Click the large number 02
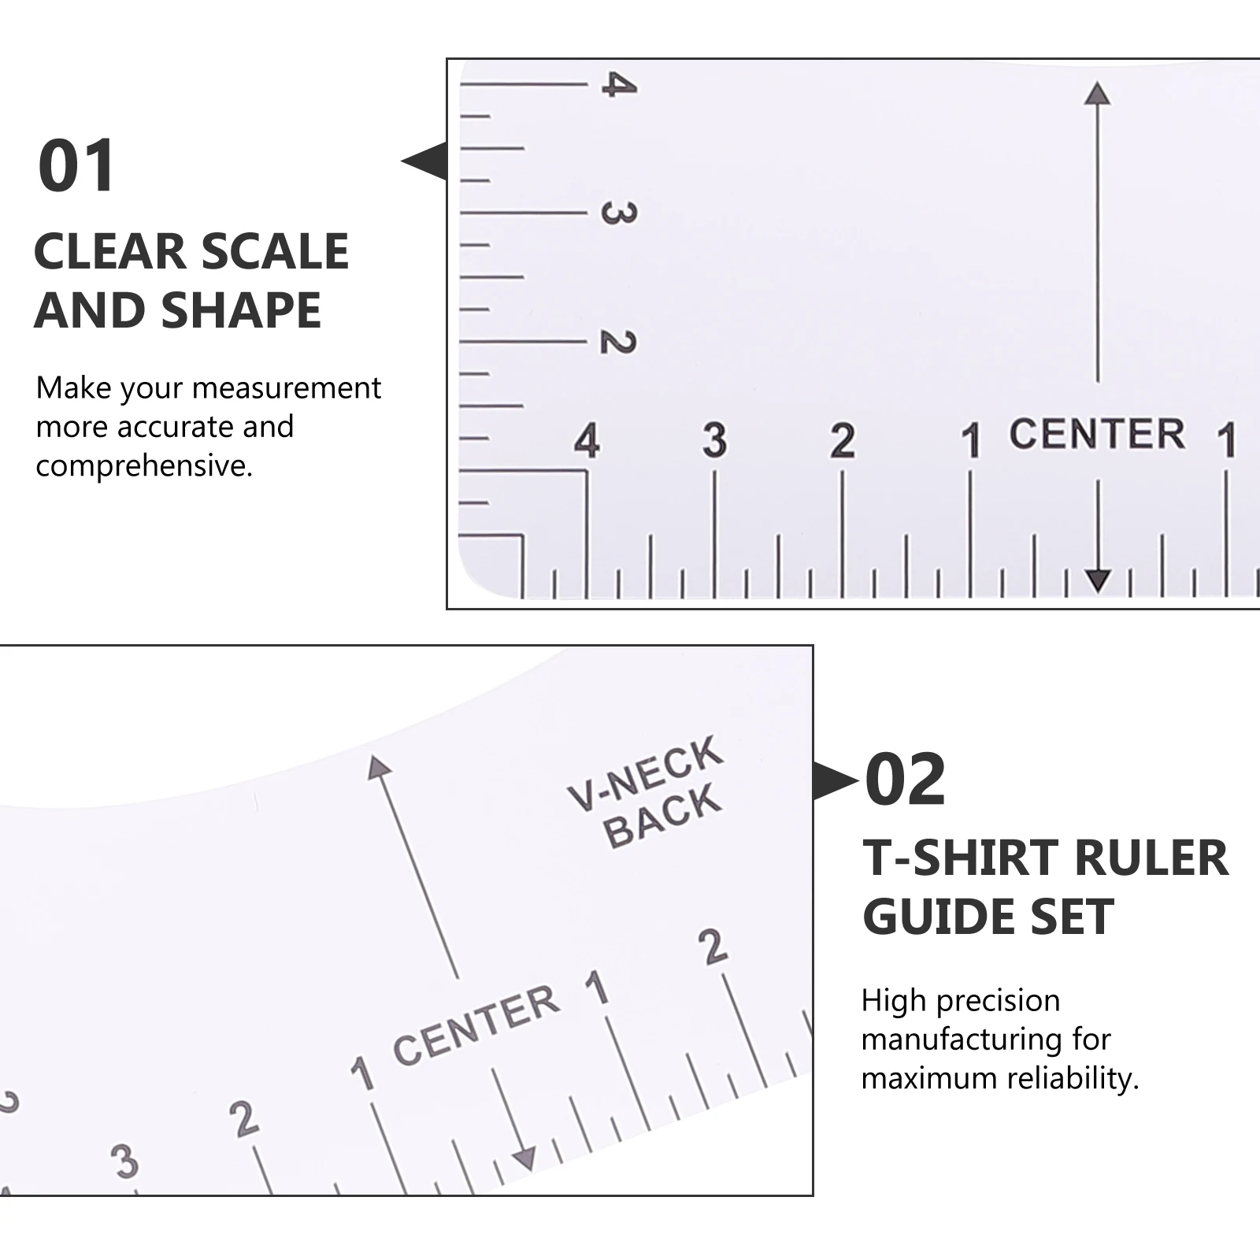(x=905, y=780)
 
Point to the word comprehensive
(x=144, y=466)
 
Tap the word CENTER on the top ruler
(x=1096, y=435)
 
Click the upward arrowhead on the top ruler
(x=1097, y=94)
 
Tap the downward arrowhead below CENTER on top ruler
(x=1098, y=580)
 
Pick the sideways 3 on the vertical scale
(x=618, y=213)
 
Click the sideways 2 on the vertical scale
(x=618, y=342)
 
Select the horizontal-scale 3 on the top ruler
(x=714, y=440)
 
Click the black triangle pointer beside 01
(x=426, y=161)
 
